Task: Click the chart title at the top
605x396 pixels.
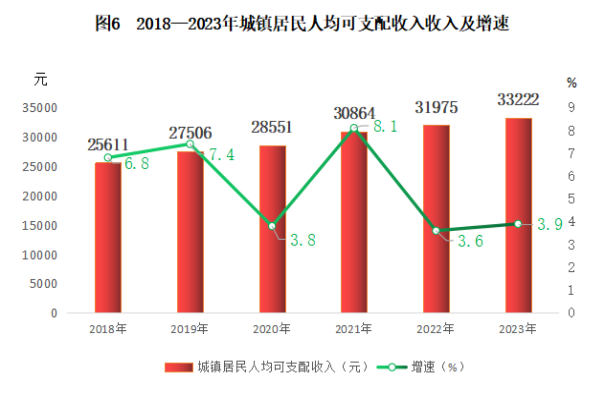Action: (302, 24)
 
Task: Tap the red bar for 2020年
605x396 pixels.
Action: (273, 229)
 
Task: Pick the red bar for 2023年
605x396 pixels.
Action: (518, 215)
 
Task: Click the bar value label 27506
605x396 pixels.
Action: (190, 133)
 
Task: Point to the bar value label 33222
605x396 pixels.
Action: (518, 100)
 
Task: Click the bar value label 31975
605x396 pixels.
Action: (436, 107)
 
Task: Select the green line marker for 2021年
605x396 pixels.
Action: (354, 128)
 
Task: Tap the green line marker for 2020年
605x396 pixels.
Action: (272, 226)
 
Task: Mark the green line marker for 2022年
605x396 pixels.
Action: (436, 231)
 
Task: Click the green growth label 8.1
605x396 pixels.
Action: (385, 126)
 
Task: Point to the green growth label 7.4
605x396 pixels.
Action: (222, 155)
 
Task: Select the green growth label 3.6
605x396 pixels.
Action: (470, 241)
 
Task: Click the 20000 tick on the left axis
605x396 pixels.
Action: (40, 196)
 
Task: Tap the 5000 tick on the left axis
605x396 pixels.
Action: (43, 284)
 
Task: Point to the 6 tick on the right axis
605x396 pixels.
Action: (571, 176)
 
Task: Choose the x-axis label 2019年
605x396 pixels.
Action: (189, 329)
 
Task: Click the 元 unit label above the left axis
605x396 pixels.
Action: (40, 79)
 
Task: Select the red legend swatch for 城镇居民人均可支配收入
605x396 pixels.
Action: (179, 367)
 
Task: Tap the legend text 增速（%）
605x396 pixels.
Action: (438, 367)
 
